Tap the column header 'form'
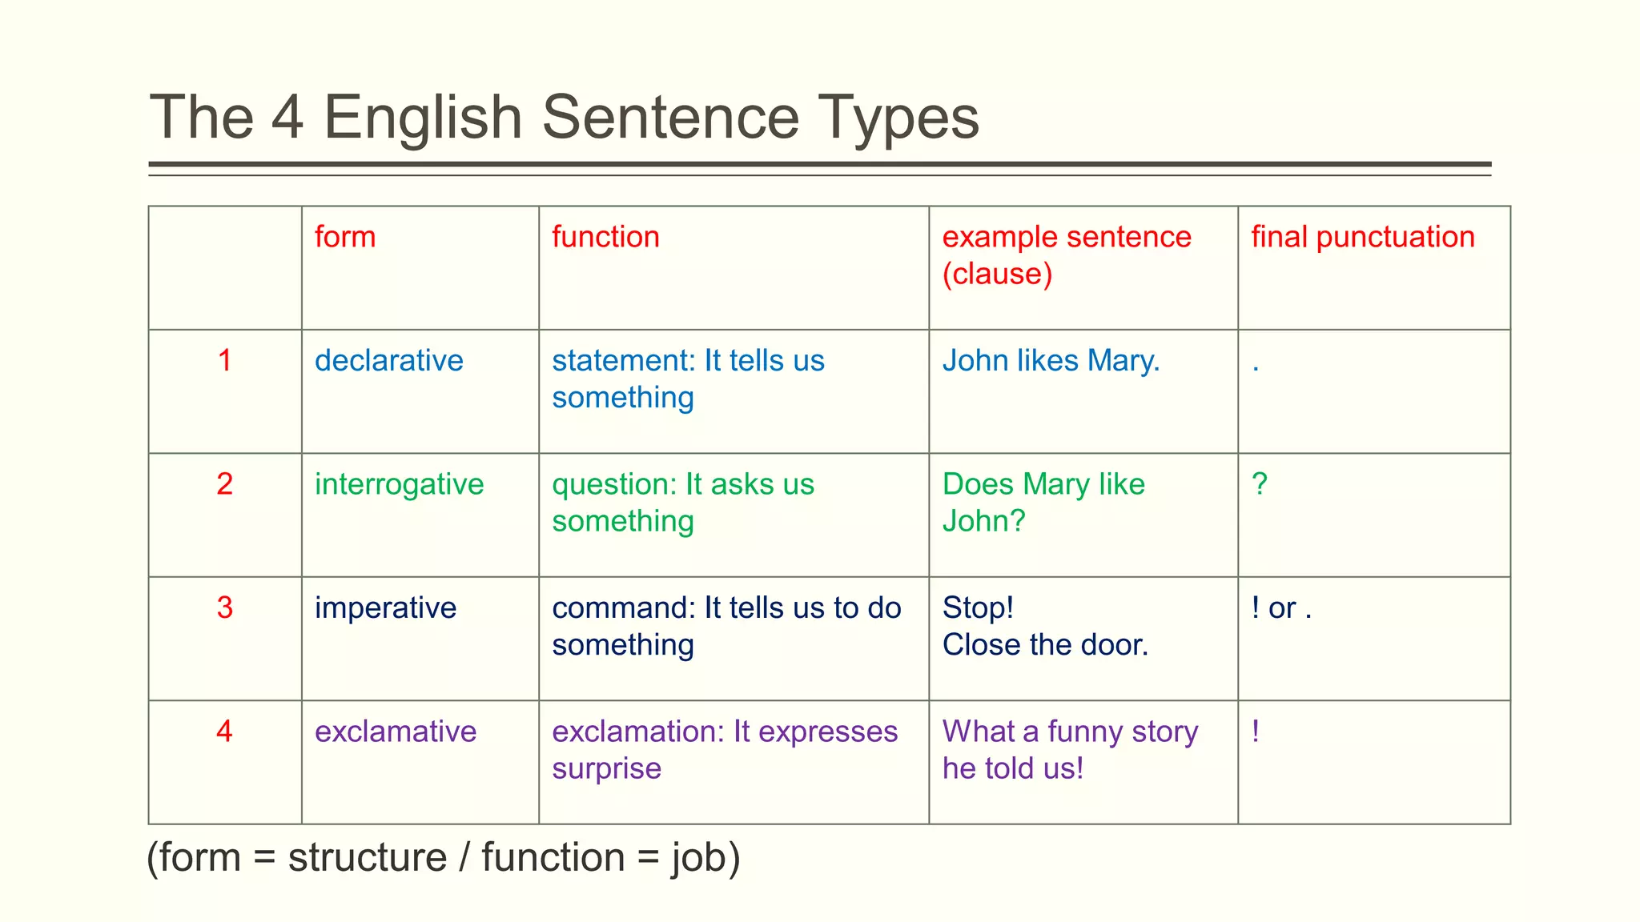(x=345, y=237)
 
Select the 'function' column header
(x=605, y=237)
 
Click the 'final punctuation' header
(x=1362, y=237)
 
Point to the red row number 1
(x=225, y=360)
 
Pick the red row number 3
(x=225, y=607)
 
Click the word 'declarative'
(x=388, y=360)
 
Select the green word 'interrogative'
(x=399, y=484)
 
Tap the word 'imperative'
(x=385, y=607)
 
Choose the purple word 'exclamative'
(x=396, y=732)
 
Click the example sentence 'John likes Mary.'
(x=1051, y=360)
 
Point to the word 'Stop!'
(x=978, y=607)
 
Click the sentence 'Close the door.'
(x=1045, y=645)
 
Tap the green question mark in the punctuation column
(x=1260, y=484)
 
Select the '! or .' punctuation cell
(x=1281, y=608)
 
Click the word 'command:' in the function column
(x=624, y=608)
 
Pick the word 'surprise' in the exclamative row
(x=606, y=768)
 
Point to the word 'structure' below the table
(x=367, y=858)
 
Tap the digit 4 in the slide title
(x=287, y=118)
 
